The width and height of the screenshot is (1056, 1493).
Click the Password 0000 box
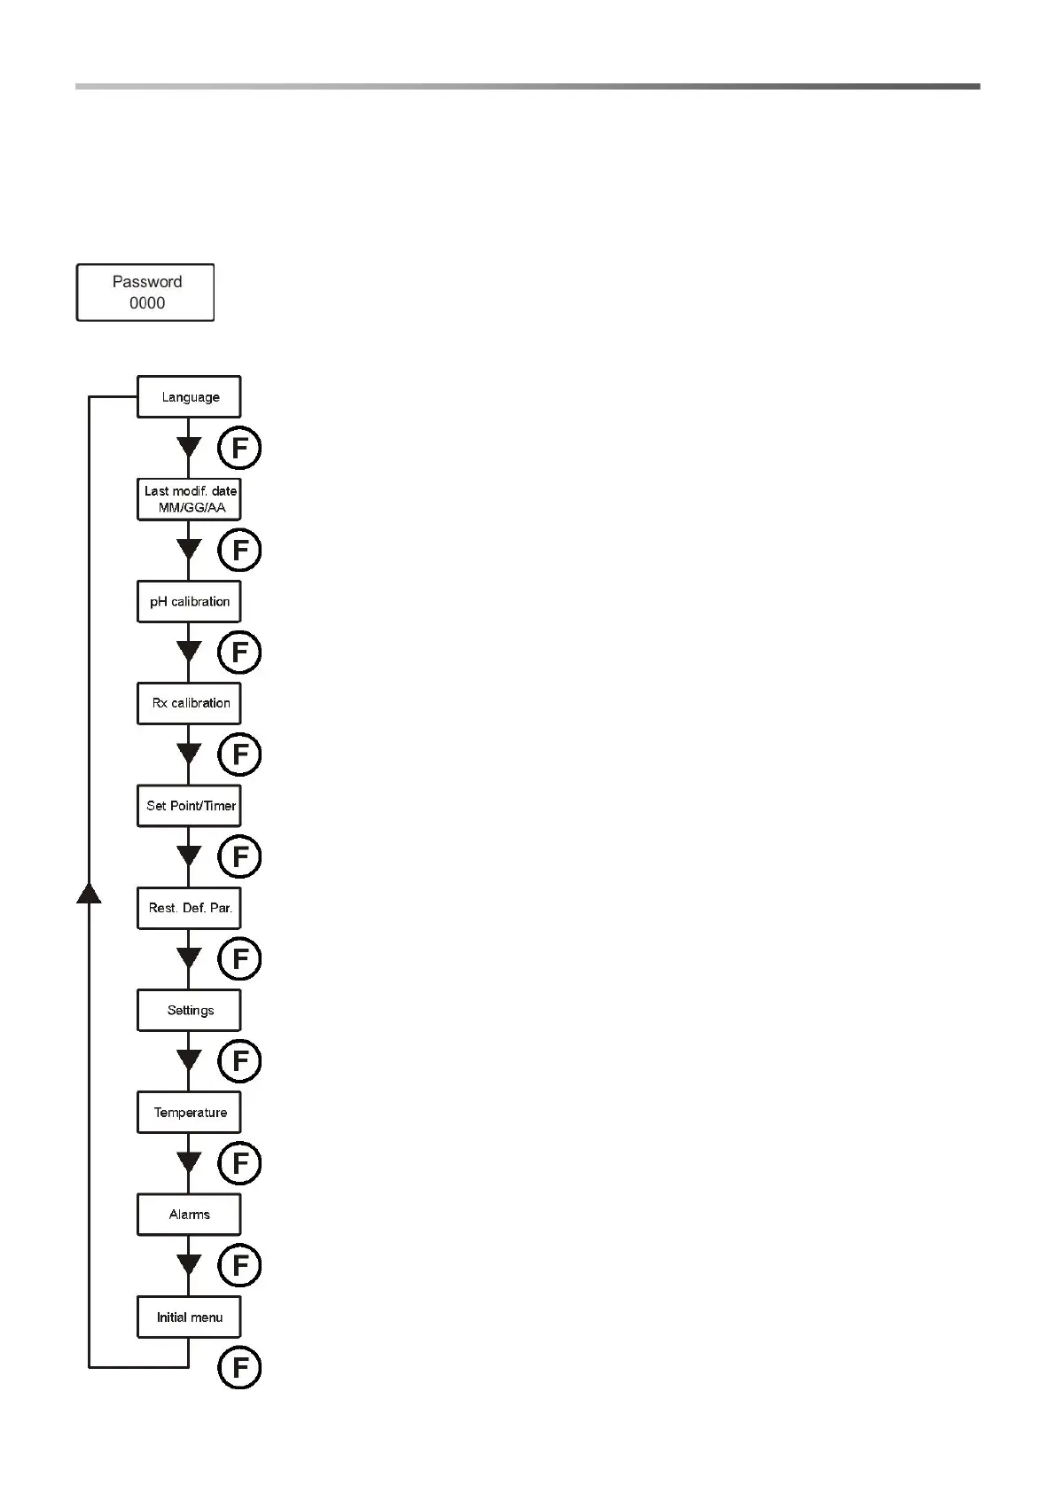[145, 292]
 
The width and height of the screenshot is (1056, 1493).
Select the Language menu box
[189, 396]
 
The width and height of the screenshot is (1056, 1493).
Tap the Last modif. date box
[189, 498]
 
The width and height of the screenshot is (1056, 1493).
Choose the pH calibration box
[189, 601]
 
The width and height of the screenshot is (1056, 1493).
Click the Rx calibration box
[189, 703]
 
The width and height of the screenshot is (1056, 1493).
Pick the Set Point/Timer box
[189, 805]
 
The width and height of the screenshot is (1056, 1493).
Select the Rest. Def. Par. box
[189, 908]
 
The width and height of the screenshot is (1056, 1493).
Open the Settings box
[189, 1010]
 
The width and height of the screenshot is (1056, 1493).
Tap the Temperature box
[189, 1112]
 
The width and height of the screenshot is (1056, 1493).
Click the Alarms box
[189, 1214]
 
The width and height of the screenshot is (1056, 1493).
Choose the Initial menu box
[189, 1317]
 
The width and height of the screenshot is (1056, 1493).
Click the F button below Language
[239, 448]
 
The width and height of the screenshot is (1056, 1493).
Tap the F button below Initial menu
[239, 1367]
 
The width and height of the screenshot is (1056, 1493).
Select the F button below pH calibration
[239, 653]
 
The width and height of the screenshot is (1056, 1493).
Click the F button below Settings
[239, 1061]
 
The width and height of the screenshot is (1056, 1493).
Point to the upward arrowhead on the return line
[89, 892]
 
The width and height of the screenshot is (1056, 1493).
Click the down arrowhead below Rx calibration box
[189, 754]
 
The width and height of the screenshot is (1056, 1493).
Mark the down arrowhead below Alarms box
[189, 1264]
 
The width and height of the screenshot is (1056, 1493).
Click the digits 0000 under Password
[147, 303]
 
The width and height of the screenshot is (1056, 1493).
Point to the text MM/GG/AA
[192, 508]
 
